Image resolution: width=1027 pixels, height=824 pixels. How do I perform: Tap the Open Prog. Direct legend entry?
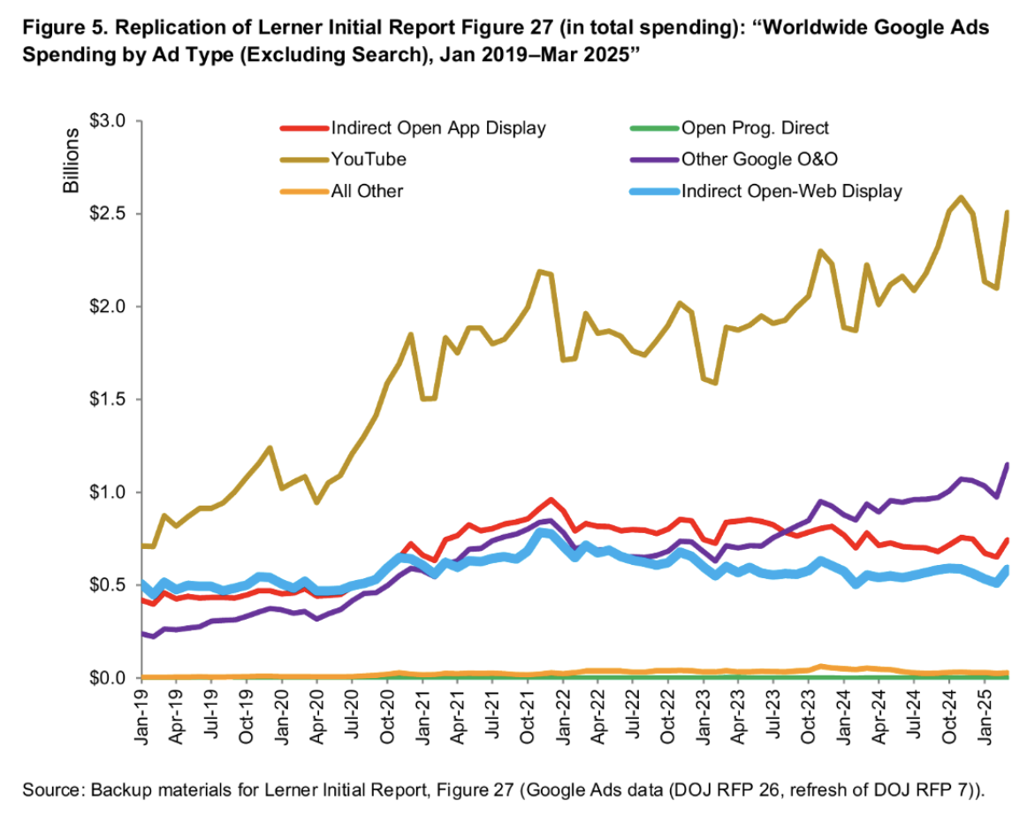pos(755,128)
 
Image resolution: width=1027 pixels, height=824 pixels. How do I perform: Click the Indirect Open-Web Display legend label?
pos(792,190)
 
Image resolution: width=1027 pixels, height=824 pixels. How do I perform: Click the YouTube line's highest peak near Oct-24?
pos(961,196)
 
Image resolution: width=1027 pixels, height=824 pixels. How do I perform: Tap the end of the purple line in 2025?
pos(1007,464)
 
